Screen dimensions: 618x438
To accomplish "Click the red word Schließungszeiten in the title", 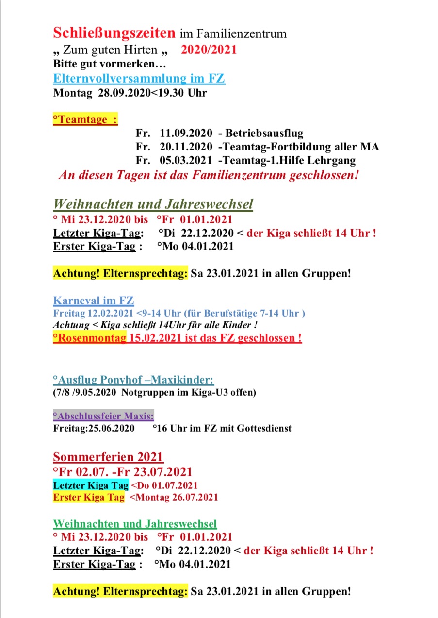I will (114, 33).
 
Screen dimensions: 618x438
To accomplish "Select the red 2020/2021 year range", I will (209, 50).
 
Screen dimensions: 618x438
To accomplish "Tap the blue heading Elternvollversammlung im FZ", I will (139, 78).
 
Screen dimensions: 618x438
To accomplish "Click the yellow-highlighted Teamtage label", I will (85, 119).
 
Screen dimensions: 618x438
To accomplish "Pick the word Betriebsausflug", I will (264, 133).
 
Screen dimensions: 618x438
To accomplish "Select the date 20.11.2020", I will (186, 147).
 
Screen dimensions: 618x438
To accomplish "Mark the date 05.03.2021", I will (186, 160).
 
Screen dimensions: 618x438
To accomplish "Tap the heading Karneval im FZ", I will (94, 301).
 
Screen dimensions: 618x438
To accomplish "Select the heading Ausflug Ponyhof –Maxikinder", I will (133, 380).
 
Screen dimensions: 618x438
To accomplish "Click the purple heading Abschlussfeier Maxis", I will (103, 416).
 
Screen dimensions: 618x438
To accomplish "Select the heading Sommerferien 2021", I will (108, 457).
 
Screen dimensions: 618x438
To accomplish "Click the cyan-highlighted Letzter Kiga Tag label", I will (91, 485).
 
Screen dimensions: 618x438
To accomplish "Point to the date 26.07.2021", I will (194, 497).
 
